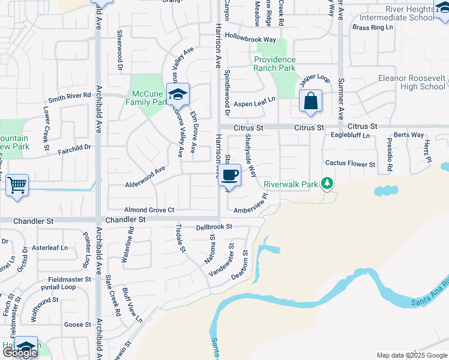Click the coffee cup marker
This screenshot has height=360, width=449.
(231, 175)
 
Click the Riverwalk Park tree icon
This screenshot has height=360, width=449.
(327, 182)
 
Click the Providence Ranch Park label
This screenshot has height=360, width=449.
(274, 64)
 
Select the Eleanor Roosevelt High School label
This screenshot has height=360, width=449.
(411, 82)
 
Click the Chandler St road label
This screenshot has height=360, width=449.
(125, 220)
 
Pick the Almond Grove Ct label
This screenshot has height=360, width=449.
(149, 210)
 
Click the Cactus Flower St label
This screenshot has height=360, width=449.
(350, 163)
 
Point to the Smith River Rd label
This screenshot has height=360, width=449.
(70, 95)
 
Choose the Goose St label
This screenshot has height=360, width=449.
(77, 325)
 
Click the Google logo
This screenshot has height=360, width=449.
(19, 353)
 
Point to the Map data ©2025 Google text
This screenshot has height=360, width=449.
(411, 355)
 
